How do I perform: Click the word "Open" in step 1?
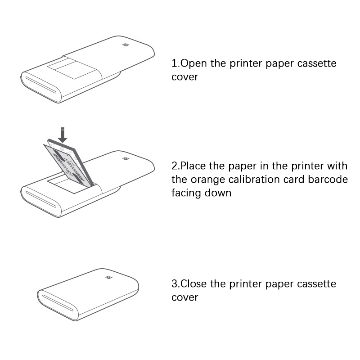(193, 63)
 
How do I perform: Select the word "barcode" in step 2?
(328, 179)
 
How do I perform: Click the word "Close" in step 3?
(193, 283)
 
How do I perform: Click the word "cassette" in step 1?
(317, 63)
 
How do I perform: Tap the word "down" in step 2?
(218, 193)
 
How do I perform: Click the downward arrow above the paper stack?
(63, 135)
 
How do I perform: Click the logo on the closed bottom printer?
(109, 277)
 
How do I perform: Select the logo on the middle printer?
(126, 159)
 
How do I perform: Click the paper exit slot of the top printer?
(41, 85)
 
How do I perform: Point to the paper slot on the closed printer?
(58, 303)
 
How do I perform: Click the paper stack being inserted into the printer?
(69, 163)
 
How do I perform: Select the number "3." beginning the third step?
(176, 283)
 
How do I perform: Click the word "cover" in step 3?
(184, 297)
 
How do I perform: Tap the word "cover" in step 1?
(184, 77)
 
